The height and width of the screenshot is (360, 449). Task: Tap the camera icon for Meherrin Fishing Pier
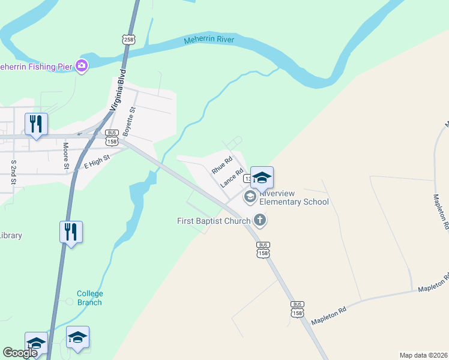click(x=82, y=66)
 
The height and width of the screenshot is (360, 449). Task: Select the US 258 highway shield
click(x=128, y=40)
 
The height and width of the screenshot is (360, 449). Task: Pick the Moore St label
click(x=66, y=154)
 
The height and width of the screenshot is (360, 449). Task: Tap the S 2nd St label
click(x=13, y=172)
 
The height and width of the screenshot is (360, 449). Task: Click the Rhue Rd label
click(x=221, y=166)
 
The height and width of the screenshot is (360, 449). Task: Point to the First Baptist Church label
click(x=213, y=221)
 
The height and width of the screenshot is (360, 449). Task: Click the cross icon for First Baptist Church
click(x=260, y=220)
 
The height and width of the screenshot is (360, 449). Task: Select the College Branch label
click(x=90, y=298)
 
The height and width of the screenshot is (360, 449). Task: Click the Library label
click(x=11, y=235)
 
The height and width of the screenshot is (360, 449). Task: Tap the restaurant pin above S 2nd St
click(x=36, y=124)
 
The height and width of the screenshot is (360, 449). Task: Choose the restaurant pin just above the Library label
click(x=71, y=232)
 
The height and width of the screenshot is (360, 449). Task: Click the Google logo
click(x=19, y=353)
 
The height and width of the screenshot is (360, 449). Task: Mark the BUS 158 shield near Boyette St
click(x=111, y=137)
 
